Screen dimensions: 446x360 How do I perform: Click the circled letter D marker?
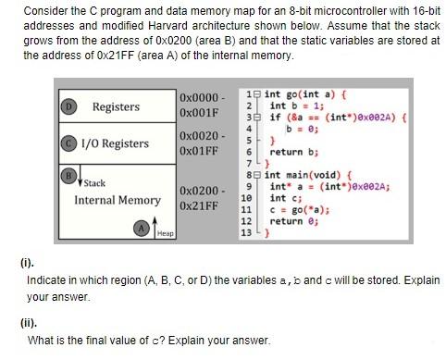click(68, 106)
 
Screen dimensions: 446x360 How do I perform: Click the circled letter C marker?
click(68, 143)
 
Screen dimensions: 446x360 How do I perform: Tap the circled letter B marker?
click(68, 176)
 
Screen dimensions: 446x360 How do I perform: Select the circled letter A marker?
click(142, 229)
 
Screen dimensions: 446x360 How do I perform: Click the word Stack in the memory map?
click(94, 183)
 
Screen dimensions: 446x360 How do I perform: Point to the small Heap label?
click(166, 233)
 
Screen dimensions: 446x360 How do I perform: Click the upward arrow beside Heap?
click(155, 228)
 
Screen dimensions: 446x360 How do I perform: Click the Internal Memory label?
click(118, 200)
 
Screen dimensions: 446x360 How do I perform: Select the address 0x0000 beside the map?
click(199, 97)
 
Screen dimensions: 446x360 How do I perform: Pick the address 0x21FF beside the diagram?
click(199, 205)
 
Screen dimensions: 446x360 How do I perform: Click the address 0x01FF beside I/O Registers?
click(199, 151)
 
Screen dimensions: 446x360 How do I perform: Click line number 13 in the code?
click(246, 232)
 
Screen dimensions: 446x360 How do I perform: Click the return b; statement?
click(294, 152)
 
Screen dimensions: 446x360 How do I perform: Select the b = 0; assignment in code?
click(303, 129)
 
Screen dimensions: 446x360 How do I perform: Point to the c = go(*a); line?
click(300, 210)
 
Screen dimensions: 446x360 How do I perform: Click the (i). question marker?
click(27, 263)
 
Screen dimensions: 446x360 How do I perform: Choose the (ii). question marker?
click(29, 323)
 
